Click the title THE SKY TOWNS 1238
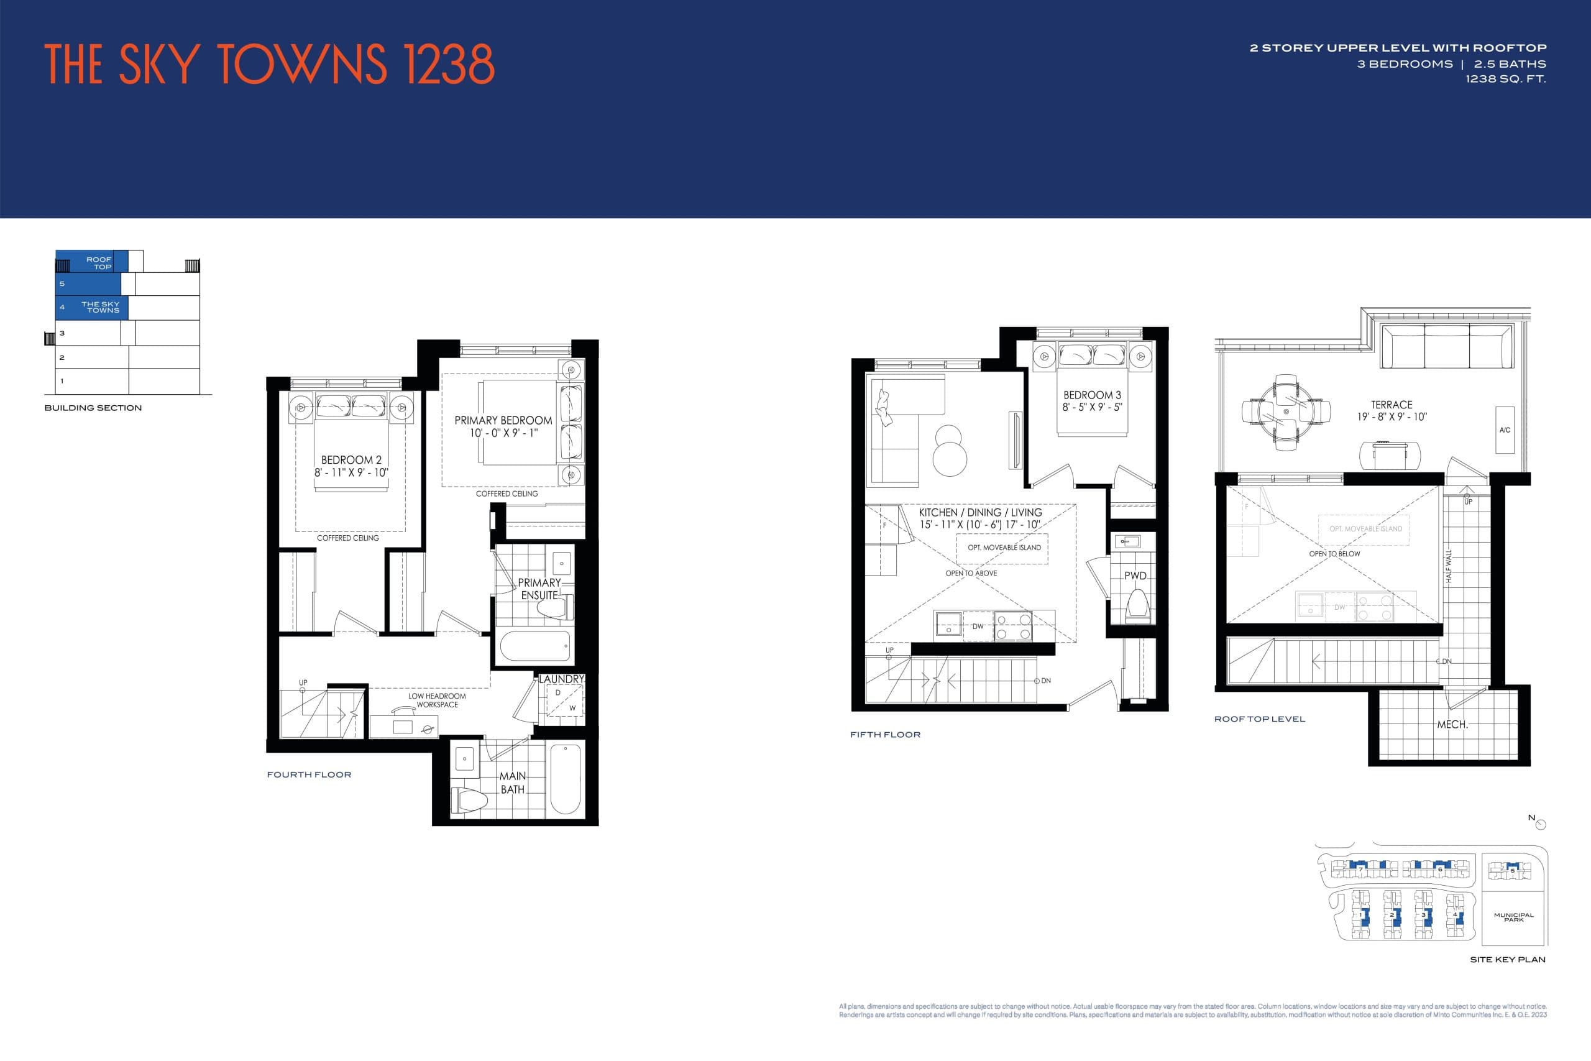[x=269, y=64]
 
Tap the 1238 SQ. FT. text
[x=1505, y=79]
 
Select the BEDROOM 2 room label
[x=351, y=460]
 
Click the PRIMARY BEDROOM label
[x=503, y=420]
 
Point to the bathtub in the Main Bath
[x=565, y=779]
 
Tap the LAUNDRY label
[x=561, y=679]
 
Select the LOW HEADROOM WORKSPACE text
[x=436, y=700]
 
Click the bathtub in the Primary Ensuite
[x=534, y=646]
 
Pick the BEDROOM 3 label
[x=1092, y=395]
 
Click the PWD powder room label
[x=1135, y=576]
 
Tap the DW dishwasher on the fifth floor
[x=978, y=627]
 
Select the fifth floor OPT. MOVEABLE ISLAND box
[x=1003, y=548]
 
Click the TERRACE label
[x=1392, y=405]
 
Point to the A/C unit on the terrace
[x=1505, y=429]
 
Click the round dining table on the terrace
[x=1286, y=411]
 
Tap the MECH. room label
[x=1452, y=725]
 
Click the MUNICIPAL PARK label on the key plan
[x=1513, y=917]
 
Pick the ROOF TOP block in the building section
[x=91, y=262]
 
